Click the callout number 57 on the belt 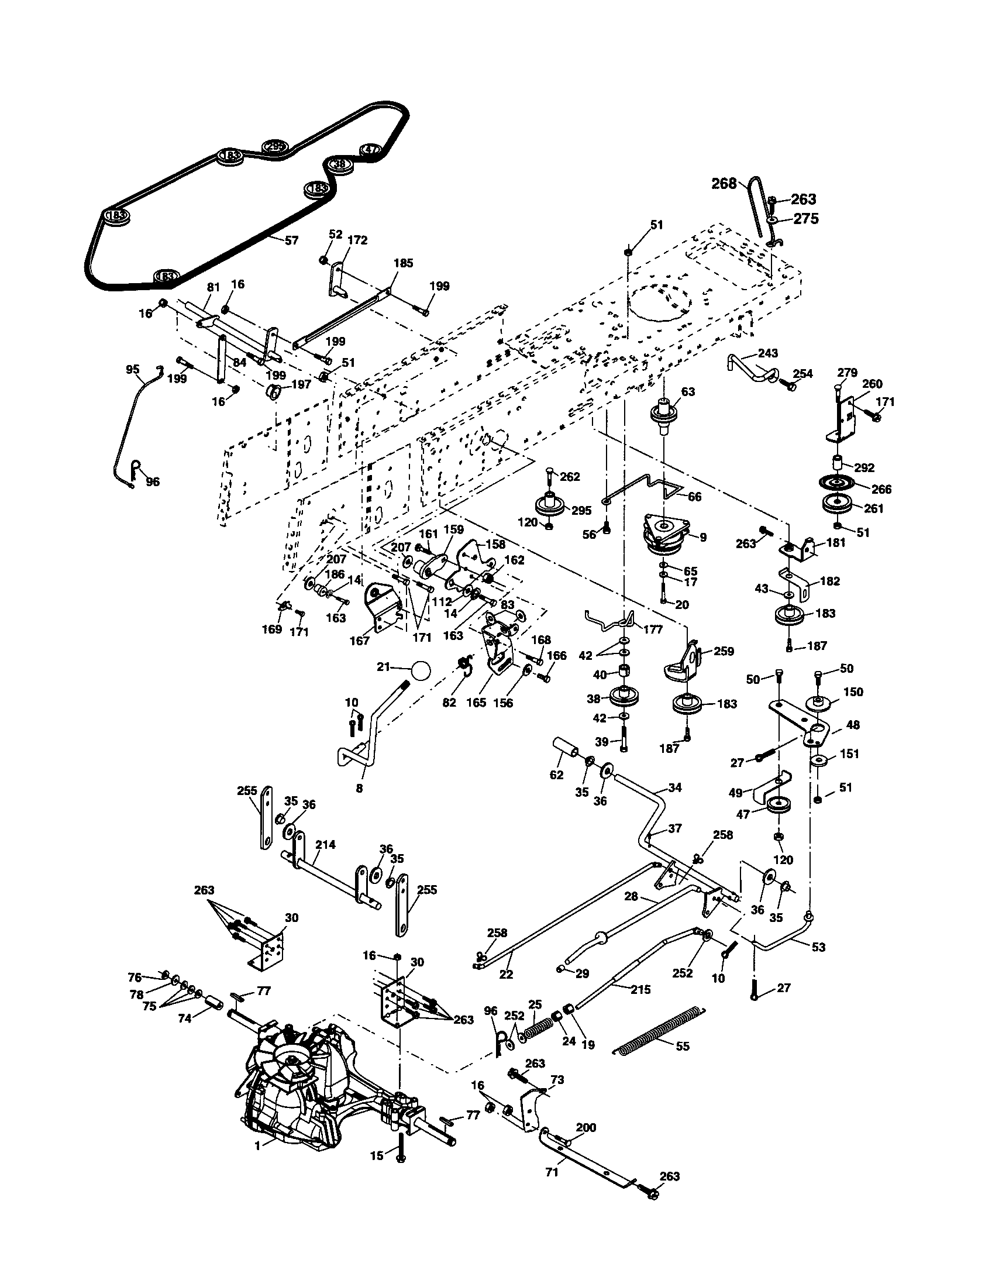tap(292, 240)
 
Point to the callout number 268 tap(724, 184)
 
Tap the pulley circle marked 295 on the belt tap(274, 147)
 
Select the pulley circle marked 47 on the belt tap(370, 149)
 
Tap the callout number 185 tap(404, 263)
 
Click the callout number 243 tap(767, 353)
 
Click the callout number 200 tap(585, 1127)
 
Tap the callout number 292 tap(864, 468)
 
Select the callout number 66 tap(694, 497)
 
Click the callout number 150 tap(853, 692)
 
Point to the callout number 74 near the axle tap(185, 1018)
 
